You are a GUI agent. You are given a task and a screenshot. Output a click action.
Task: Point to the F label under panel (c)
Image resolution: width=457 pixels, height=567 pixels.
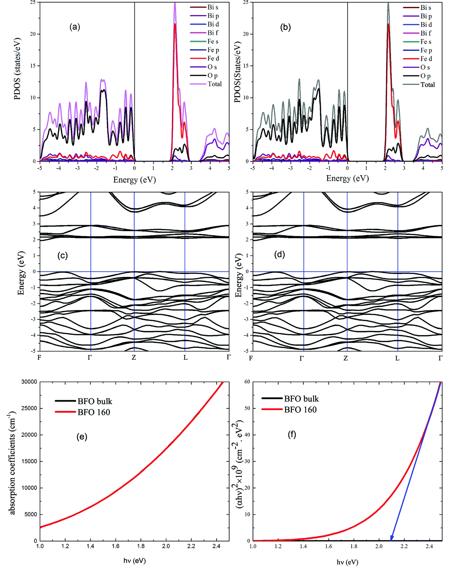pyautogui.click(x=39, y=358)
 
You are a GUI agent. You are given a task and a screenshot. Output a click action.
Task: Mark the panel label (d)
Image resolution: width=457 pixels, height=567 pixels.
pyautogui.click(x=279, y=254)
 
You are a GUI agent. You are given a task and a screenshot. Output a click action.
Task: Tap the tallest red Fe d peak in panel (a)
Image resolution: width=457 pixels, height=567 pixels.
pyautogui.click(x=175, y=24)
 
